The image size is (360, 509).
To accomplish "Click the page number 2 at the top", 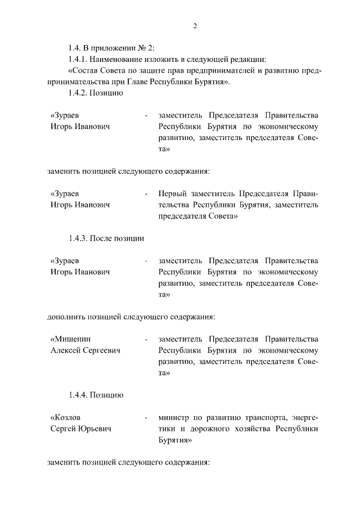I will pyautogui.click(x=194, y=26).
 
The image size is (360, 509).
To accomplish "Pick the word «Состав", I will pyautogui.click(x=85, y=71).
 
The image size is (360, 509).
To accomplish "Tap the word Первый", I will pyautogui.click(x=173, y=193).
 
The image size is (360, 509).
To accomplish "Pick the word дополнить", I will pyautogui.click(x=65, y=316).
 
